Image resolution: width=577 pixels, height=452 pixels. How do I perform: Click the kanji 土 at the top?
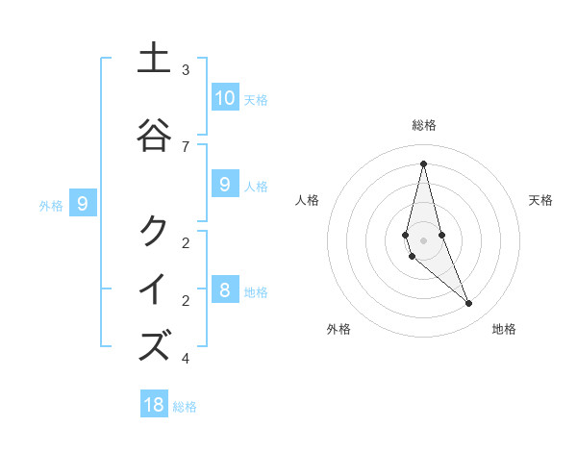pos(154,59)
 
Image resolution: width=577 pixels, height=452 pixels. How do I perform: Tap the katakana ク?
pos(154,232)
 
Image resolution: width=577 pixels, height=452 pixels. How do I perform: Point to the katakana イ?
pos(154,289)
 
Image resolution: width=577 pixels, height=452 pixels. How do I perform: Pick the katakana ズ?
pos(154,346)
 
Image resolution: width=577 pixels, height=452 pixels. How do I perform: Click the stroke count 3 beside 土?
pos(186,70)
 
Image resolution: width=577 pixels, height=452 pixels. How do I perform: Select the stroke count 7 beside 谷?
pos(186,146)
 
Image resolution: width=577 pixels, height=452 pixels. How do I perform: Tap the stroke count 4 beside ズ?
pos(186,359)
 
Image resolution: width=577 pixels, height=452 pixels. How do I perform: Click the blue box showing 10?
pos(224,98)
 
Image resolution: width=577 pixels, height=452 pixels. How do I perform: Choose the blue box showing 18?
pos(154,405)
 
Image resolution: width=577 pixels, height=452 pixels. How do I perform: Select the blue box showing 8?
pos(224,290)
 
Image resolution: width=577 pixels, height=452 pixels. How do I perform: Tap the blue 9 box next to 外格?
pos(83,204)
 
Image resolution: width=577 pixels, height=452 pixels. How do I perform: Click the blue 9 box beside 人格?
pos(224,185)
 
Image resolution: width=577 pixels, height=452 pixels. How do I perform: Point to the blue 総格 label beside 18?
pos(185,407)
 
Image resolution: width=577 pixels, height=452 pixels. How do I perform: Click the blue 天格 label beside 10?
pos(255,100)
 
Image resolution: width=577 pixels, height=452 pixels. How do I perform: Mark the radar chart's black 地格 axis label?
pos(504,330)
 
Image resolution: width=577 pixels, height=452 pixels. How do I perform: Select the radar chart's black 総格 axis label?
pos(423,125)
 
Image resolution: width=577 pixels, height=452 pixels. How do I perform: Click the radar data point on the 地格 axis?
pos(469,304)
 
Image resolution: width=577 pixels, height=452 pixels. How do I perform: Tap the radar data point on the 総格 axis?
pos(423,163)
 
